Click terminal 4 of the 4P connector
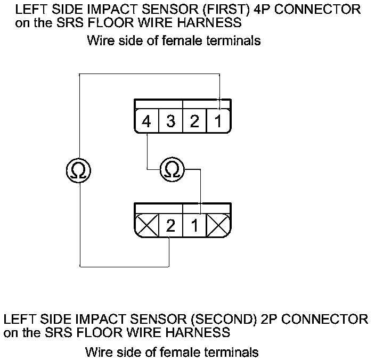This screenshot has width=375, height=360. (x=146, y=122)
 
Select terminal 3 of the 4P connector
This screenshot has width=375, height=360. (x=170, y=122)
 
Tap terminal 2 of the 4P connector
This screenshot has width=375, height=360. (x=194, y=122)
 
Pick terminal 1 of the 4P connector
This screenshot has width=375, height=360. (x=218, y=122)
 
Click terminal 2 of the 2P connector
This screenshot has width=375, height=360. (x=170, y=226)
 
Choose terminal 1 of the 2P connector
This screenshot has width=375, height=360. (x=194, y=226)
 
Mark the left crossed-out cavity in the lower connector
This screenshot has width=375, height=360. (x=147, y=226)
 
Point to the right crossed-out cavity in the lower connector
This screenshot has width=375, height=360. (x=218, y=226)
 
